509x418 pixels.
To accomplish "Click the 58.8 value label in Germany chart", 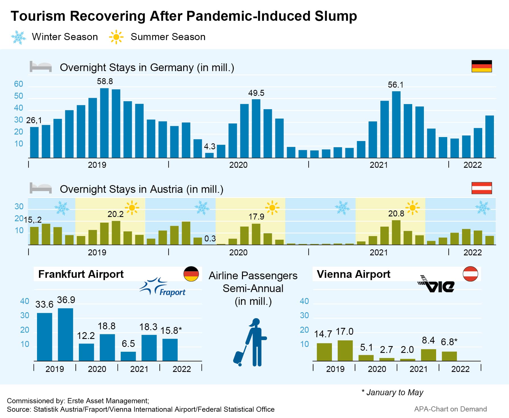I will pos(105,82).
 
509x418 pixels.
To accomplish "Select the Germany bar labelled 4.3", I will pos(210,155).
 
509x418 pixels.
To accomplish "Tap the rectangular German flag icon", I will pos(482,66).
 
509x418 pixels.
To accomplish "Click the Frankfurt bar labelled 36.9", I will pos(65,334).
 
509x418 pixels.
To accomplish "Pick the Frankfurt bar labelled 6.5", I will pos(128,356).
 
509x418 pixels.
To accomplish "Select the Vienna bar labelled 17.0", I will pos(345,351).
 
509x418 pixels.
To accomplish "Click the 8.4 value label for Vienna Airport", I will pos(428,340).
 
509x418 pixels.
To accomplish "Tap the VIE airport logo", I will pos(436,284).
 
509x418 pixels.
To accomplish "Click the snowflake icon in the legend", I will pos(19,37).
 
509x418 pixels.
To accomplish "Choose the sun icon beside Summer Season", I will pos(116,37).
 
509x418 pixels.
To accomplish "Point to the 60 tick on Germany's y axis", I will pos(19,84).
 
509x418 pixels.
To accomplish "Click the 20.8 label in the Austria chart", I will pos(396,214).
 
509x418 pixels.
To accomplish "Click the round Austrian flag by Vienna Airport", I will pos(470,274).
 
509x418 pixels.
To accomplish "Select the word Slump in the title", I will pos(336,16).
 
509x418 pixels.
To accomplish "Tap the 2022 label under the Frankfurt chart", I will pos(182,369).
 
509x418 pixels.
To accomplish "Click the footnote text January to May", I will pos(395,392).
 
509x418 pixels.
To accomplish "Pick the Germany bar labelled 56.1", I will pos(396,125).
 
